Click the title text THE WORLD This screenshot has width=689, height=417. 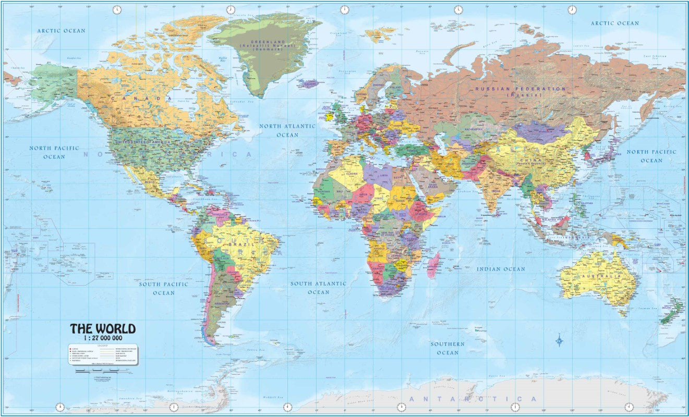click(103, 329)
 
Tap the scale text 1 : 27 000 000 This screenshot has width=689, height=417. click(103, 338)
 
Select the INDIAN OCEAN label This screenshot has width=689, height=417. click(501, 269)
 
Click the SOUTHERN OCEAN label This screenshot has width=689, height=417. click(448, 348)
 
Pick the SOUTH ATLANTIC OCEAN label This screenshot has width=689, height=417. click(318, 288)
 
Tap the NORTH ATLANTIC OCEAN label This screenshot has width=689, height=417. click(287, 130)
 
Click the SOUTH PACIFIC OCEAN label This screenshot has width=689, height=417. click(164, 288)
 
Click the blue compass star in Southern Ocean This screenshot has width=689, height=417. click(560, 341)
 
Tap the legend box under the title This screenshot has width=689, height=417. click(103, 354)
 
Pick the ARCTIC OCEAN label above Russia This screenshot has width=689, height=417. click(614, 23)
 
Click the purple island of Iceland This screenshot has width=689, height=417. click(309, 83)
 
